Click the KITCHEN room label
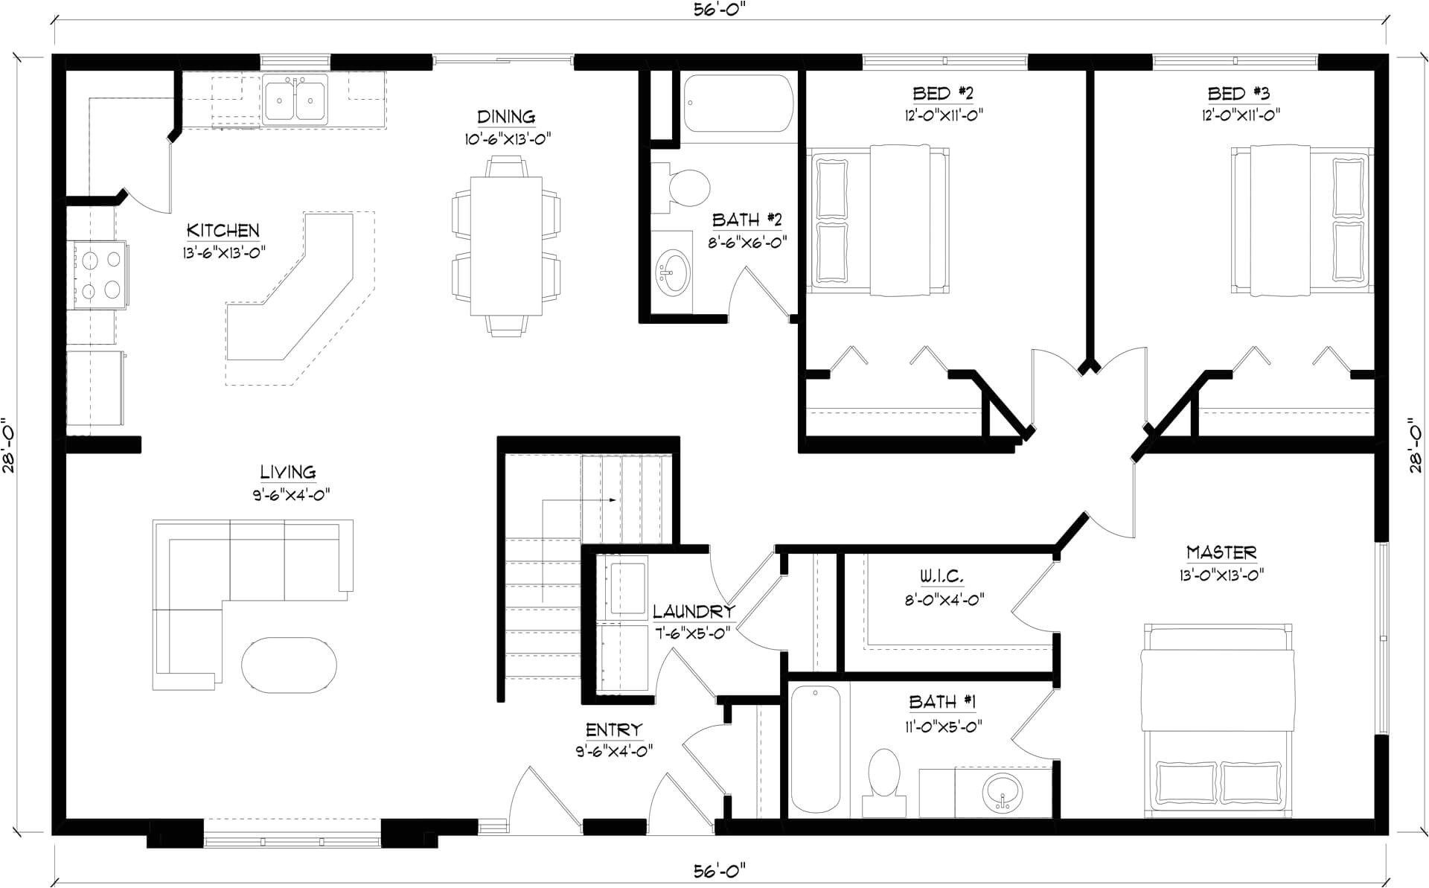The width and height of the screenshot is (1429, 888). [223, 231]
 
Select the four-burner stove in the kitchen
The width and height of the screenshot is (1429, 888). [100, 275]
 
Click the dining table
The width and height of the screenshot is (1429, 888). [506, 246]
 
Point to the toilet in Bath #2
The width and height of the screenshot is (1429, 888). [683, 187]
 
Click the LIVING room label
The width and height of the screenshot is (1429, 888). [288, 472]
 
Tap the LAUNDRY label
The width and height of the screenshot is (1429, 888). [694, 612]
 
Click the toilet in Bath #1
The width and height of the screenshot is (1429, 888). [885, 782]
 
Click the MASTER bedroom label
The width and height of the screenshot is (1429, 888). [1221, 552]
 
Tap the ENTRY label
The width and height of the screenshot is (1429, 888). [614, 730]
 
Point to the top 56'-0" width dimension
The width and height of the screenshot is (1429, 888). [719, 10]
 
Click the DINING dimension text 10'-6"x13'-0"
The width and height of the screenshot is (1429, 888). [506, 139]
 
